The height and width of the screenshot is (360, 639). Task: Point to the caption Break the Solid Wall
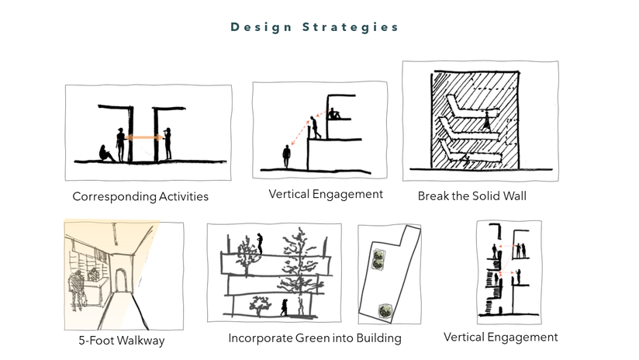471,196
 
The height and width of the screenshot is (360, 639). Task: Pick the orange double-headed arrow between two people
144,138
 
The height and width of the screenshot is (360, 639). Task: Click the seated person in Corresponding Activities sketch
106,153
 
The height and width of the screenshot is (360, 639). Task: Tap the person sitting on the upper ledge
334,114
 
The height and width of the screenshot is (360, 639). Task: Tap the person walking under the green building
284,307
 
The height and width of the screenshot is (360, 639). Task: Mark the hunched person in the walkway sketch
76,288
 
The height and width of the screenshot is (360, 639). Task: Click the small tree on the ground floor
255,306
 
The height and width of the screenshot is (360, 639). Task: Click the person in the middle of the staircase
315,126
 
